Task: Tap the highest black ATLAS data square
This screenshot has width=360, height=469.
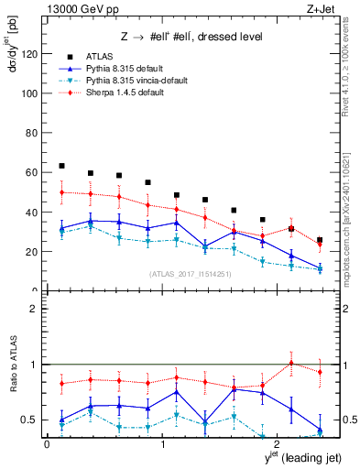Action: point(61,166)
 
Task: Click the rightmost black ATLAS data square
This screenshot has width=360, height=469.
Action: point(320,240)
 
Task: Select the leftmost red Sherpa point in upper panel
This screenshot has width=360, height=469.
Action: point(61,192)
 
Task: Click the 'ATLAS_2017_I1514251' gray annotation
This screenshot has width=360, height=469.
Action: point(190,273)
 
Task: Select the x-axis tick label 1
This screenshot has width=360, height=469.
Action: point(162,444)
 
